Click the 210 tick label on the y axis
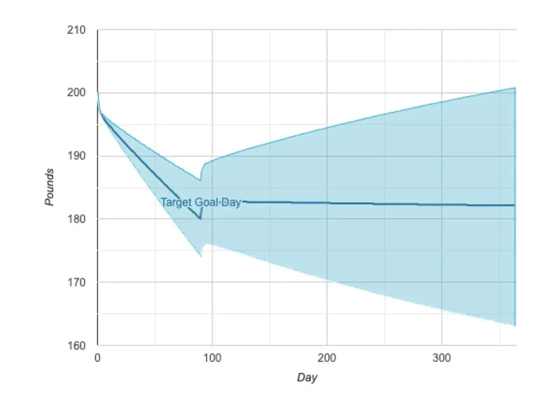point(77,30)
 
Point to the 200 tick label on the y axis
point(77,93)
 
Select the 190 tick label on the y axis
point(77,156)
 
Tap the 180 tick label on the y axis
point(77,219)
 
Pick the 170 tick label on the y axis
point(77,282)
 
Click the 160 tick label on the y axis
point(77,345)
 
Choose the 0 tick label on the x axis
point(98,358)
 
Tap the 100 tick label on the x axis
point(212,358)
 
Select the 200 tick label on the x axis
point(327,358)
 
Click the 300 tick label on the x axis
point(441,358)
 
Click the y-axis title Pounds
point(49,187)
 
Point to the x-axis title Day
point(307,378)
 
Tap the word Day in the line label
point(232,202)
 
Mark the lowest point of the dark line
point(200,219)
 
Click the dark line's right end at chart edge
point(514,205)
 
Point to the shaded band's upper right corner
point(515,88)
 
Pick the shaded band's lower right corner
point(515,325)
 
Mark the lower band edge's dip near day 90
point(200,257)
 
